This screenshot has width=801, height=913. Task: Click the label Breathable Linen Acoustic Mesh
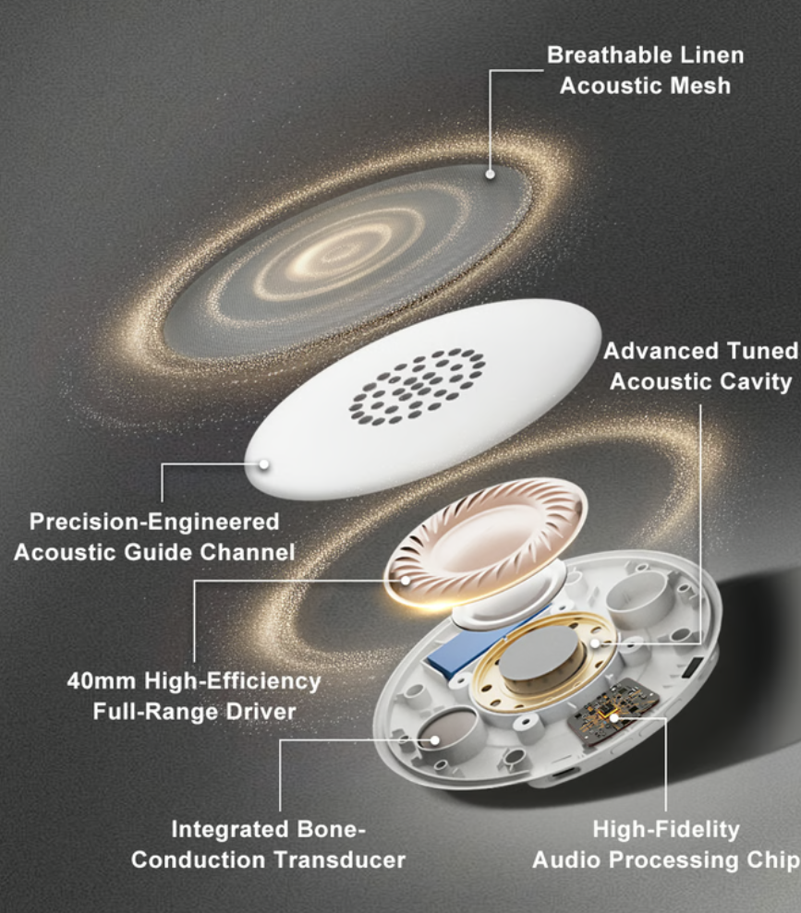point(645,70)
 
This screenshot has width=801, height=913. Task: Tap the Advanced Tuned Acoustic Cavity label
point(700,366)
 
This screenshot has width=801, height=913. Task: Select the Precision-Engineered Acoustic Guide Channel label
point(154,537)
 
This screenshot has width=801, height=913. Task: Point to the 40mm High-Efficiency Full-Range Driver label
point(194,696)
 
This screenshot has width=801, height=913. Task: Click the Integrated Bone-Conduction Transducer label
point(268,845)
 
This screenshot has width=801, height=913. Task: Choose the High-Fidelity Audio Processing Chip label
point(665,845)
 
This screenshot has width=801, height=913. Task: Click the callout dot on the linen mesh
point(491,173)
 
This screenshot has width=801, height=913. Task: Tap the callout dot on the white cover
point(264,463)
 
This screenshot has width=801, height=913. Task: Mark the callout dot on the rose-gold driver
point(406,580)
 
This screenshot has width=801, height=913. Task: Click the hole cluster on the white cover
point(417,385)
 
